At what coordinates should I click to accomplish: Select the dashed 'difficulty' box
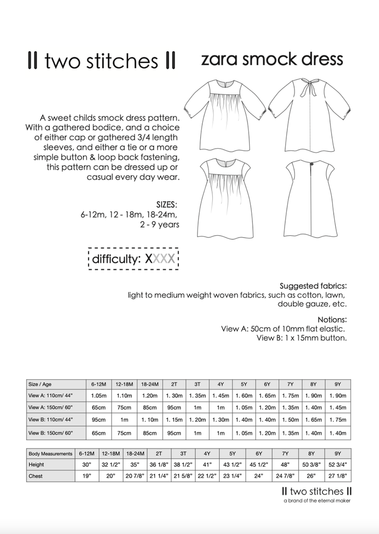[x=133, y=259]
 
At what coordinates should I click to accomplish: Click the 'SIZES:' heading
[x=167, y=204]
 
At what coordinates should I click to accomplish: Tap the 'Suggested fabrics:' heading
[x=313, y=286]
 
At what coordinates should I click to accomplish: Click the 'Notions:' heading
[x=332, y=319]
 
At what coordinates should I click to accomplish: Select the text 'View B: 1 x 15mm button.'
[x=302, y=337]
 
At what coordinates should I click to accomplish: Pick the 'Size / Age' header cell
[x=42, y=384]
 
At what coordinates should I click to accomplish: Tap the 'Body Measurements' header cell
[x=51, y=454]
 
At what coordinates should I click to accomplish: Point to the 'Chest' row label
[x=36, y=476]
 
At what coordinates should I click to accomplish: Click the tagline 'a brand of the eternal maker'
[x=316, y=501]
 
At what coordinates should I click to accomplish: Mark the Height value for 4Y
[x=206, y=465]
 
